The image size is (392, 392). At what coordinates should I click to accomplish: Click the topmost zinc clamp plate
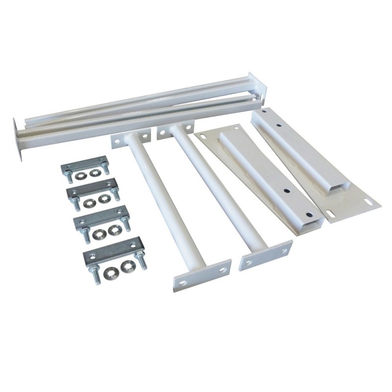84,163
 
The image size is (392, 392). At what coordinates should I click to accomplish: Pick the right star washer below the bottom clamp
128,266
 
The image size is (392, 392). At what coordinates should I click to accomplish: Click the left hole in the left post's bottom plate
183,283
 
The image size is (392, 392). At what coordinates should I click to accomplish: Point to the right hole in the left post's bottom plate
222,269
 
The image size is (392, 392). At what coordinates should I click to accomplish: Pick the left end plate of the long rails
20,137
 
